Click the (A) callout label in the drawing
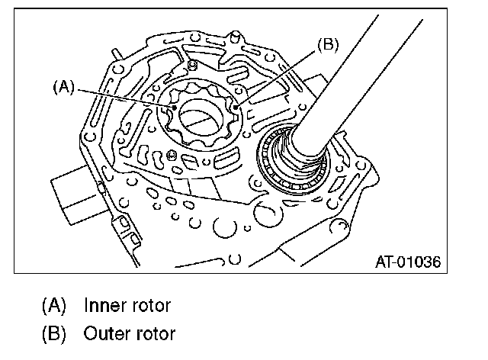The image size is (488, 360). tap(64, 87)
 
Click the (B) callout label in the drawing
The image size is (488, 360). tap(326, 45)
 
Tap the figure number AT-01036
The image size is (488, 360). tap(408, 263)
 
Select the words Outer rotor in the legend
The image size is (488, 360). tap(130, 333)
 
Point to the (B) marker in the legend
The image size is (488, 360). tap(54, 333)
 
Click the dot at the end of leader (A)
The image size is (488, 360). tap(175, 108)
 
